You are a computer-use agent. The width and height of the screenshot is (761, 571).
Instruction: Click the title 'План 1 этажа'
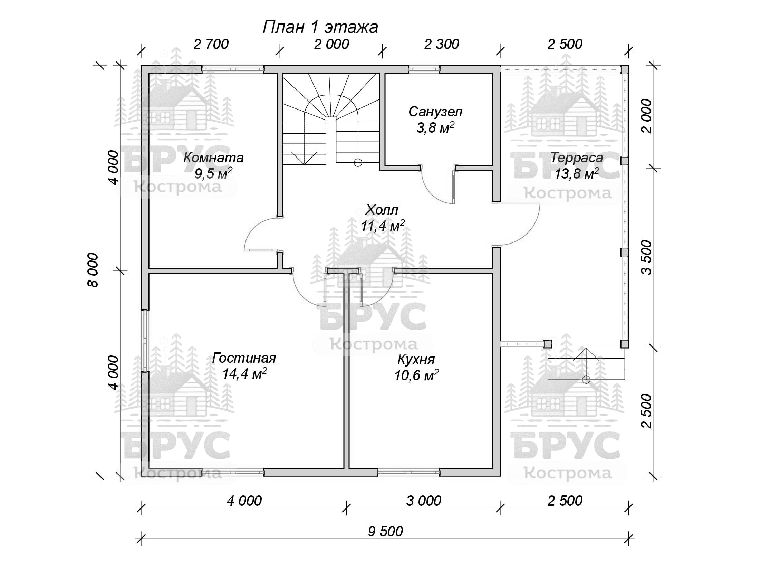320,27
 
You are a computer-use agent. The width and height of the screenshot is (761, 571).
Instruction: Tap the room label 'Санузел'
435,112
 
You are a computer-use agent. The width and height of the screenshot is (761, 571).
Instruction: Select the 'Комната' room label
213,158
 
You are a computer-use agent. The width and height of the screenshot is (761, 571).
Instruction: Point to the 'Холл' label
382,210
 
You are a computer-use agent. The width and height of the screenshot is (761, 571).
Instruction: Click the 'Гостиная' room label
244,358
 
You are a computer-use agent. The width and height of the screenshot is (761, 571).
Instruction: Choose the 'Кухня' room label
416,359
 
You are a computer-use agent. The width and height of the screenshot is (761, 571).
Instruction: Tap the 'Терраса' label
577,158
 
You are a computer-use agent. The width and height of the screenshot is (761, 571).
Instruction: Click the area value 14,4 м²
244,373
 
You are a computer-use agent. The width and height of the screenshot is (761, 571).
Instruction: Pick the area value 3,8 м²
435,128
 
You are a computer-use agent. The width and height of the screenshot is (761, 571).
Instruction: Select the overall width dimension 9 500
385,531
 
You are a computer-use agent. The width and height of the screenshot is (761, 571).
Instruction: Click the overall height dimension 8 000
93,270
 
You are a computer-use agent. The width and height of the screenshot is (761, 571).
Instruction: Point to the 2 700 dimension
211,44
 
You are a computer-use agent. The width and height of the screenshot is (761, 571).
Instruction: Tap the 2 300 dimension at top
442,44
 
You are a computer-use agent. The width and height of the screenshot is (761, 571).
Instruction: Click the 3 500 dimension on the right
647,257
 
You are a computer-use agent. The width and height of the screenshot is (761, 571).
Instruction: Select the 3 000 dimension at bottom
424,501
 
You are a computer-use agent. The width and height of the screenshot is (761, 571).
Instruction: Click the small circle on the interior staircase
358,162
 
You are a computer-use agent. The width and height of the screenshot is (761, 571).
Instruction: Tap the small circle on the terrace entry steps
586,380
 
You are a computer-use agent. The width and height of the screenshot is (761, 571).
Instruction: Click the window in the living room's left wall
145,341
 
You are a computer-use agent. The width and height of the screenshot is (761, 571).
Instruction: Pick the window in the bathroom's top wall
424,69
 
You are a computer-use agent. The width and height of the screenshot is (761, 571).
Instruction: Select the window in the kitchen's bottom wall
409,472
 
